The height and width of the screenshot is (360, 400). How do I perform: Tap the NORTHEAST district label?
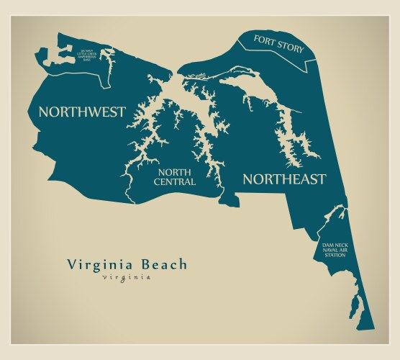(283, 179)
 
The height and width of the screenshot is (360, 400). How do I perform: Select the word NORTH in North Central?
(174, 173)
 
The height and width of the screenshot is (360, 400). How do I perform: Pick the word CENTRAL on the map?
(174, 183)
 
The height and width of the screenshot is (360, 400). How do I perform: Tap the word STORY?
(289, 49)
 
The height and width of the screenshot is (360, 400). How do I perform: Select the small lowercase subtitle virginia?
(127, 278)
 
